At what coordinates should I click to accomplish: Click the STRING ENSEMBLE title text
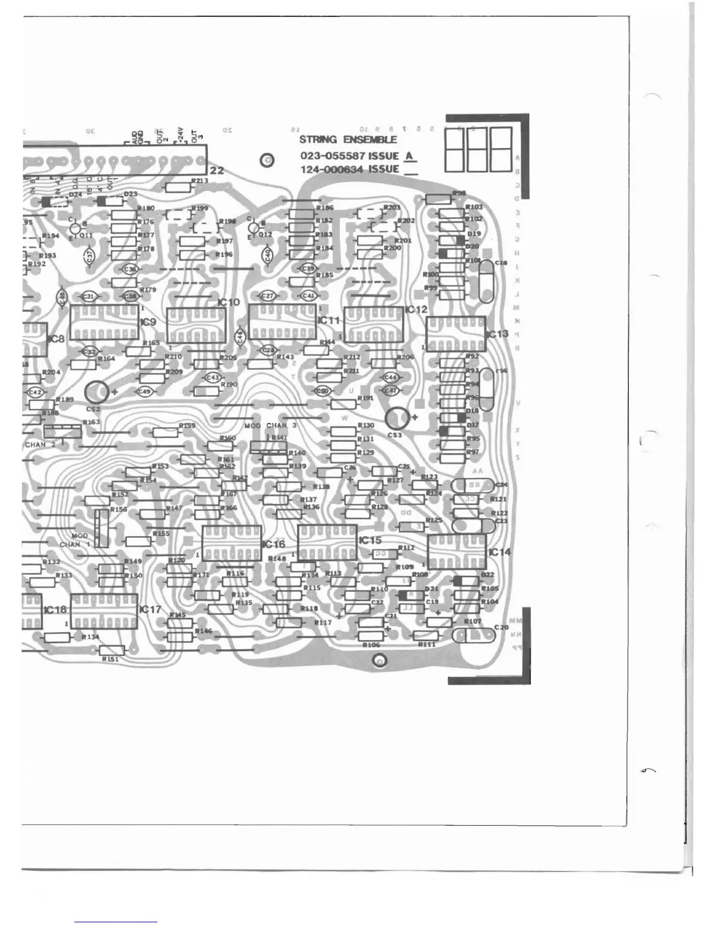[x=347, y=140]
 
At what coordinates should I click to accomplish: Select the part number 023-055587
[x=333, y=156]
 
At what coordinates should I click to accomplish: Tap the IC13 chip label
[x=498, y=334]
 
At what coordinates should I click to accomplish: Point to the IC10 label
[x=228, y=302]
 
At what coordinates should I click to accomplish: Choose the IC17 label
[x=150, y=609]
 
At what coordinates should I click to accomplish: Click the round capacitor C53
[x=398, y=418]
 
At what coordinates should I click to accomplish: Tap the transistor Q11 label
[x=86, y=235]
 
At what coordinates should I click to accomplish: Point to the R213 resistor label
[x=200, y=181]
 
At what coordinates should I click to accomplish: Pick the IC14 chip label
[x=500, y=552]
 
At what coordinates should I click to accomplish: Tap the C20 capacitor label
[x=501, y=627]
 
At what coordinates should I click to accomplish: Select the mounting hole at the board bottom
[x=380, y=661]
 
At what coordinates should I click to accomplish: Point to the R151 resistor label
[x=111, y=659]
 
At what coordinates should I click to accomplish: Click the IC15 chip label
[x=370, y=540]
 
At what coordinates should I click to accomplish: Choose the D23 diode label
[x=130, y=194]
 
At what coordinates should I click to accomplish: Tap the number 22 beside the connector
[x=217, y=170]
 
